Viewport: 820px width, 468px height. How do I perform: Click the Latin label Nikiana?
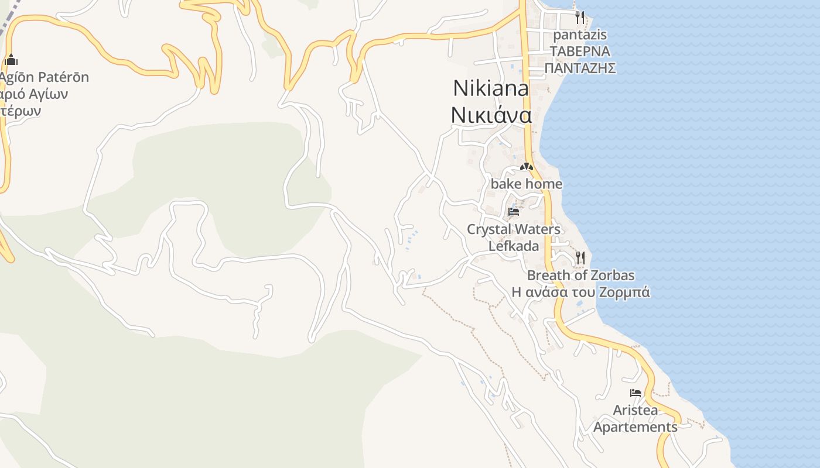(x=491, y=88)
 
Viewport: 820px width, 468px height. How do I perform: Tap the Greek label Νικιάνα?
(x=491, y=115)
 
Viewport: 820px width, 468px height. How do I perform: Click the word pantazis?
(x=580, y=35)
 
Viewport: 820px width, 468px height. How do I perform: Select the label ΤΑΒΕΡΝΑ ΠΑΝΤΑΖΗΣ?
(x=580, y=60)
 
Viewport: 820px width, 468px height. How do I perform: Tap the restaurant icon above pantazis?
(x=579, y=17)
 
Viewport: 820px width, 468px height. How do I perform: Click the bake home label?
(x=526, y=184)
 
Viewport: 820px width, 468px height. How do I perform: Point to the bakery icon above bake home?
(x=526, y=167)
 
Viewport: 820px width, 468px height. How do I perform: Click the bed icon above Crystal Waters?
(x=514, y=211)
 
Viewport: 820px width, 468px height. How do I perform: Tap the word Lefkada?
(x=514, y=246)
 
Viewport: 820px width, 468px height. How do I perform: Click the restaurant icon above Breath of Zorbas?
(x=580, y=257)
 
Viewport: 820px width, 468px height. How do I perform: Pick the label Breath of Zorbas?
(x=580, y=275)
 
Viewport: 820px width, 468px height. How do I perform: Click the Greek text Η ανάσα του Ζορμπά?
(x=580, y=292)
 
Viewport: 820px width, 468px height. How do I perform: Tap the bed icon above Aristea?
(x=635, y=393)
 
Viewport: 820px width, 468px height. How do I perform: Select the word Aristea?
(x=635, y=410)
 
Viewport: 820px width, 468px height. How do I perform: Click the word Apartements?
(x=635, y=427)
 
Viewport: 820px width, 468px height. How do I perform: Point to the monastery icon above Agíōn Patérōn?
(x=11, y=60)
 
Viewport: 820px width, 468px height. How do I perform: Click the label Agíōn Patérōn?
(x=45, y=77)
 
